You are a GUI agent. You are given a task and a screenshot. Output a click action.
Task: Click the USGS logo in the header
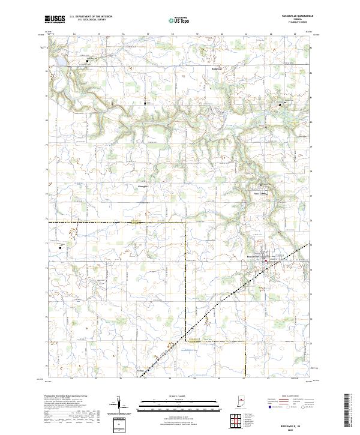(x=55, y=20)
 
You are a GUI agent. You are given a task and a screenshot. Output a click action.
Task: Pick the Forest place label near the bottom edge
(x=140, y=371)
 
